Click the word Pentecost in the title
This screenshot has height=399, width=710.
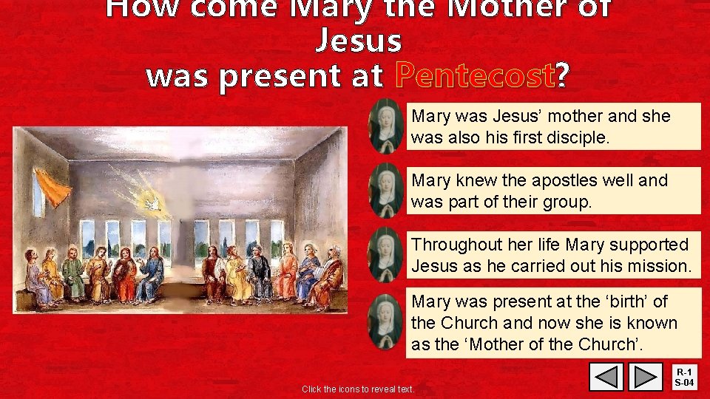click(475, 75)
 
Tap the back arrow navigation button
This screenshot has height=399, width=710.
click(606, 377)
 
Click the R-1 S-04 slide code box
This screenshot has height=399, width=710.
click(685, 377)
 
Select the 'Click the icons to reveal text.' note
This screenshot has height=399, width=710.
click(358, 389)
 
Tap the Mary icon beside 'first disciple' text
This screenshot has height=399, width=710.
click(386, 126)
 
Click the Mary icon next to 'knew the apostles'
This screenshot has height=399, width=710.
click(386, 190)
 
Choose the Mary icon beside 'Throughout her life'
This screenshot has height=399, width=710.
click(386, 254)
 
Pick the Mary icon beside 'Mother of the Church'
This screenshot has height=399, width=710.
click(386, 322)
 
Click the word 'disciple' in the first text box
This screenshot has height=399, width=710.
click(578, 137)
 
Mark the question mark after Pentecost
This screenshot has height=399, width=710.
click(563, 75)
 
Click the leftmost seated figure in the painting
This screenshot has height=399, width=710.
click(33, 277)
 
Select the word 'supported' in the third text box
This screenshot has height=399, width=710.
click(643, 245)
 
